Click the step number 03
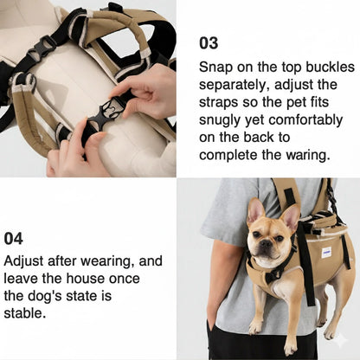pyautogui.click(x=209, y=42)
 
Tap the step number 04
pyautogui.click(x=13, y=238)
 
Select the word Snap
pyautogui.click(x=215, y=66)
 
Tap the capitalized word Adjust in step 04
pyautogui.click(x=25, y=260)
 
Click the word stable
pyautogui.click(x=26, y=313)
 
